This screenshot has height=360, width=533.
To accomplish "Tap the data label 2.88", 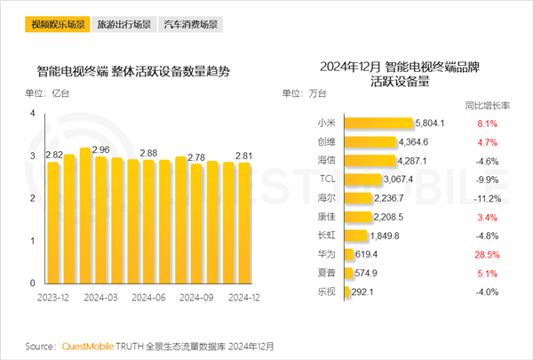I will (x=149, y=154).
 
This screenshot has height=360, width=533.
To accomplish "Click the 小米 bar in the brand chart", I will (x=377, y=124).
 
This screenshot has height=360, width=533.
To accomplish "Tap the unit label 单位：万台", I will (x=302, y=92).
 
